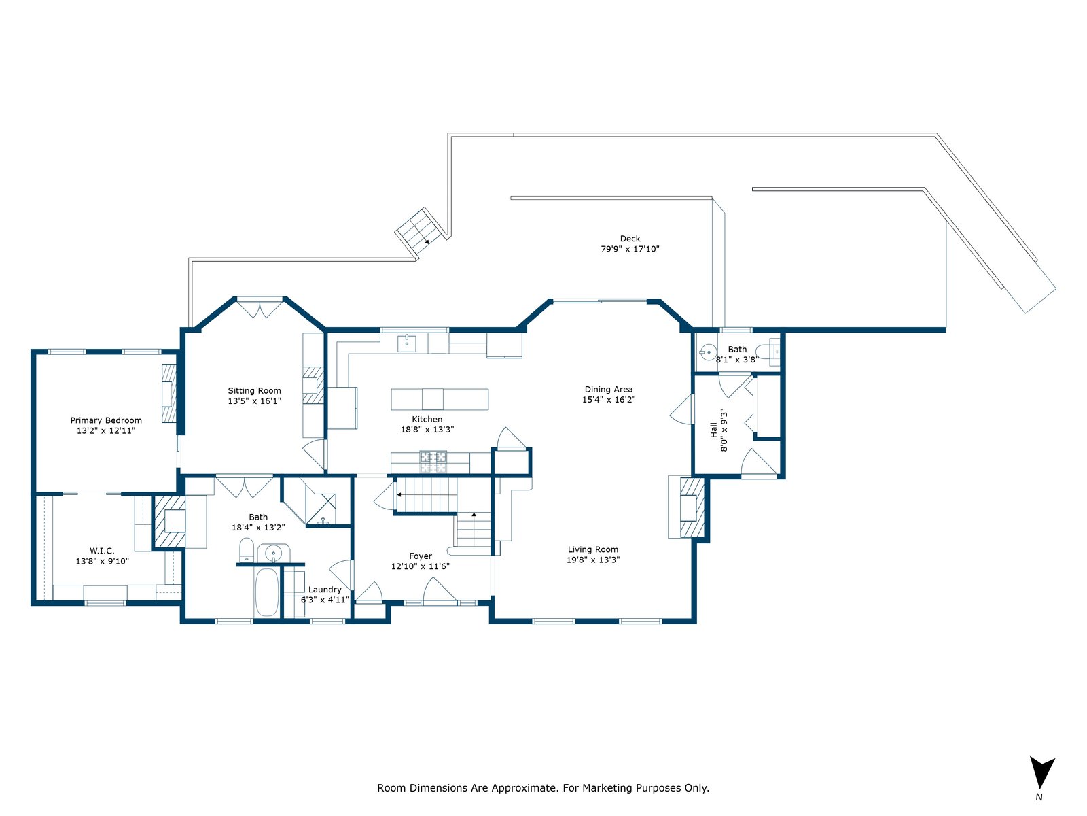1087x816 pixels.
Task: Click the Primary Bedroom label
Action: [x=106, y=420]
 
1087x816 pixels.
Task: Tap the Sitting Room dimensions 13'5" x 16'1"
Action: [x=255, y=401]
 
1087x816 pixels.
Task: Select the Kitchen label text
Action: [x=427, y=419]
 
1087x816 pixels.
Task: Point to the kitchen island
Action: [x=440, y=399]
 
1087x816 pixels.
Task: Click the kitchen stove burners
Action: [x=433, y=462]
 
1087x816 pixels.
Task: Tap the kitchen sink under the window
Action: [x=406, y=343]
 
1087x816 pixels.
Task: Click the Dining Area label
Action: [x=609, y=390]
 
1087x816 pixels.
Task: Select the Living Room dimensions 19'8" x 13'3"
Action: [x=593, y=560]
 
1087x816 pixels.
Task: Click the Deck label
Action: [x=630, y=238]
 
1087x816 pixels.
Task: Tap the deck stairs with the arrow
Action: [x=419, y=231]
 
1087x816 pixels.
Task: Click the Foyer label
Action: [x=421, y=556]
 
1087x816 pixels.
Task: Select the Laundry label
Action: [x=325, y=589]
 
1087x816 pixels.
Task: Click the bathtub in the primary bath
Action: [x=267, y=592]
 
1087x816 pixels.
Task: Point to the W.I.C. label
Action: [x=102, y=550]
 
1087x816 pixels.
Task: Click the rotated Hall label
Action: [x=713, y=430]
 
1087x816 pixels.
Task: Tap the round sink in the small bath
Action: [x=708, y=352]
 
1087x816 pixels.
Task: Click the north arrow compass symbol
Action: [x=1042, y=772]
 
